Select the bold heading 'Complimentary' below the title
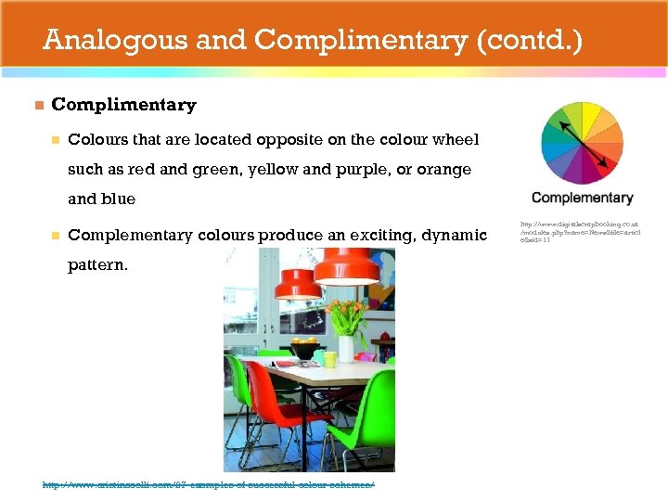[x=123, y=105]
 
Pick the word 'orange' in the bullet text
[x=441, y=169]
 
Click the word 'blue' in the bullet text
[x=116, y=199]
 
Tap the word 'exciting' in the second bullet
[x=370, y=236]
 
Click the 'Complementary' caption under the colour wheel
[x=582, y=198]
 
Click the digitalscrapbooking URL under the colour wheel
[x=580, y=232]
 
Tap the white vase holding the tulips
[x=345, y=349]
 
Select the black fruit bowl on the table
[x=303, y=353]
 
